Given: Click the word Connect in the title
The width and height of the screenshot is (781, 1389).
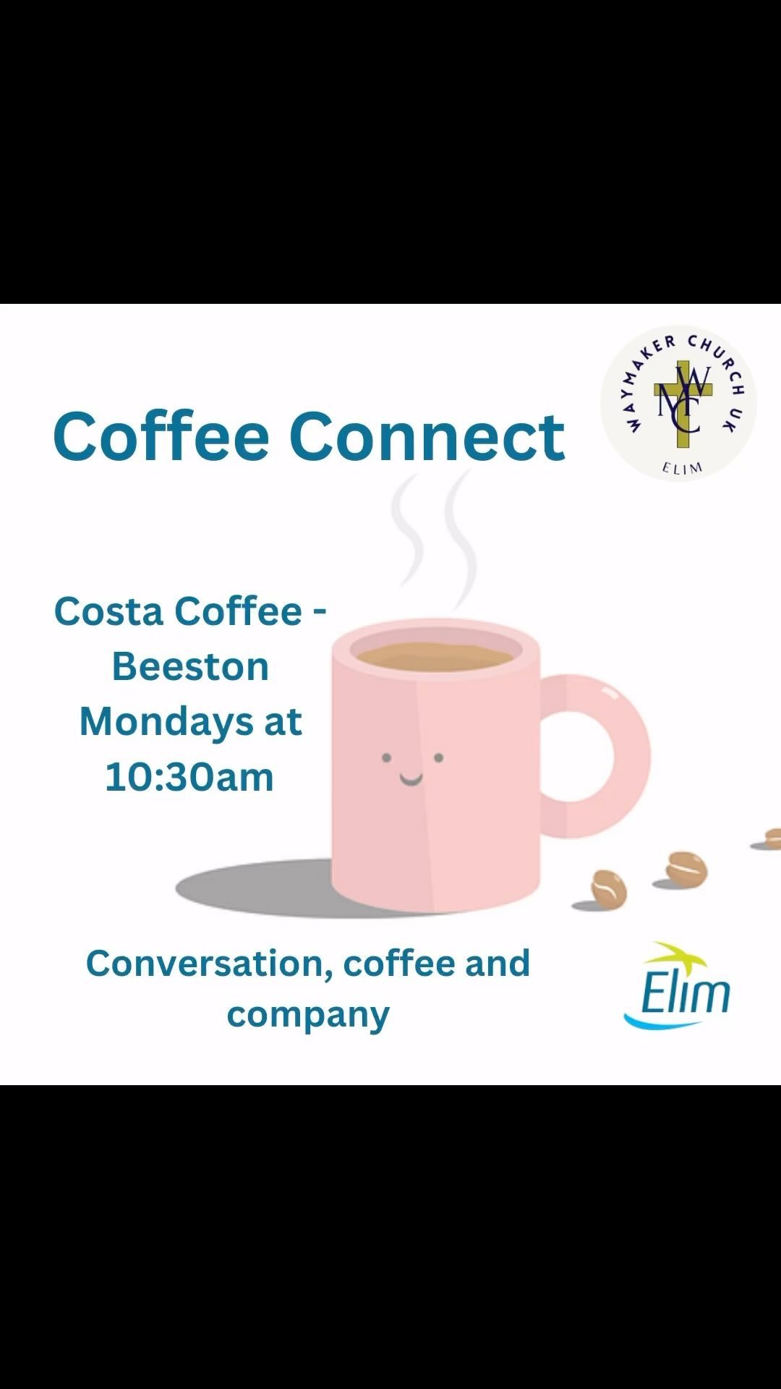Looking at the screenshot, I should tap(427, 436).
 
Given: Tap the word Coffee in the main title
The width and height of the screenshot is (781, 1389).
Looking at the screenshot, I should tap(161, 436).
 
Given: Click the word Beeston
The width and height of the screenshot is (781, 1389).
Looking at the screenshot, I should tap(190, 666).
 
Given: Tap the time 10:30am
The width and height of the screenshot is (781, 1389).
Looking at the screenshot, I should tap(189, 777).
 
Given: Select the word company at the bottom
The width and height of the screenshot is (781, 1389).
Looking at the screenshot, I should tap(308, 1014).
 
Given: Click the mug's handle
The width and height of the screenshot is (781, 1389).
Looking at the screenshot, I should tap(607, 756).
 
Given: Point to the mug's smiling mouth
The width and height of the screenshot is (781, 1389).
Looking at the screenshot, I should tap(411, 779).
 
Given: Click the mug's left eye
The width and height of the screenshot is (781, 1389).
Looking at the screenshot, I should tap(387, 758).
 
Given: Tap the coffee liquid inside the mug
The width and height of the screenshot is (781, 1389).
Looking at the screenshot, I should tap(434, 656).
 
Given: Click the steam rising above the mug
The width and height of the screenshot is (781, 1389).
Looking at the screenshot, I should tap(434, 535).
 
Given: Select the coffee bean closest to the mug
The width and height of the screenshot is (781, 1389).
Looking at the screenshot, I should tap(608, 888).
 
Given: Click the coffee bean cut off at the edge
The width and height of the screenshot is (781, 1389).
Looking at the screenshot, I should tap(772, 838).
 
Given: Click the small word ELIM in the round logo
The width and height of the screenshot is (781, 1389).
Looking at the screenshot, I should tap(682, 468).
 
